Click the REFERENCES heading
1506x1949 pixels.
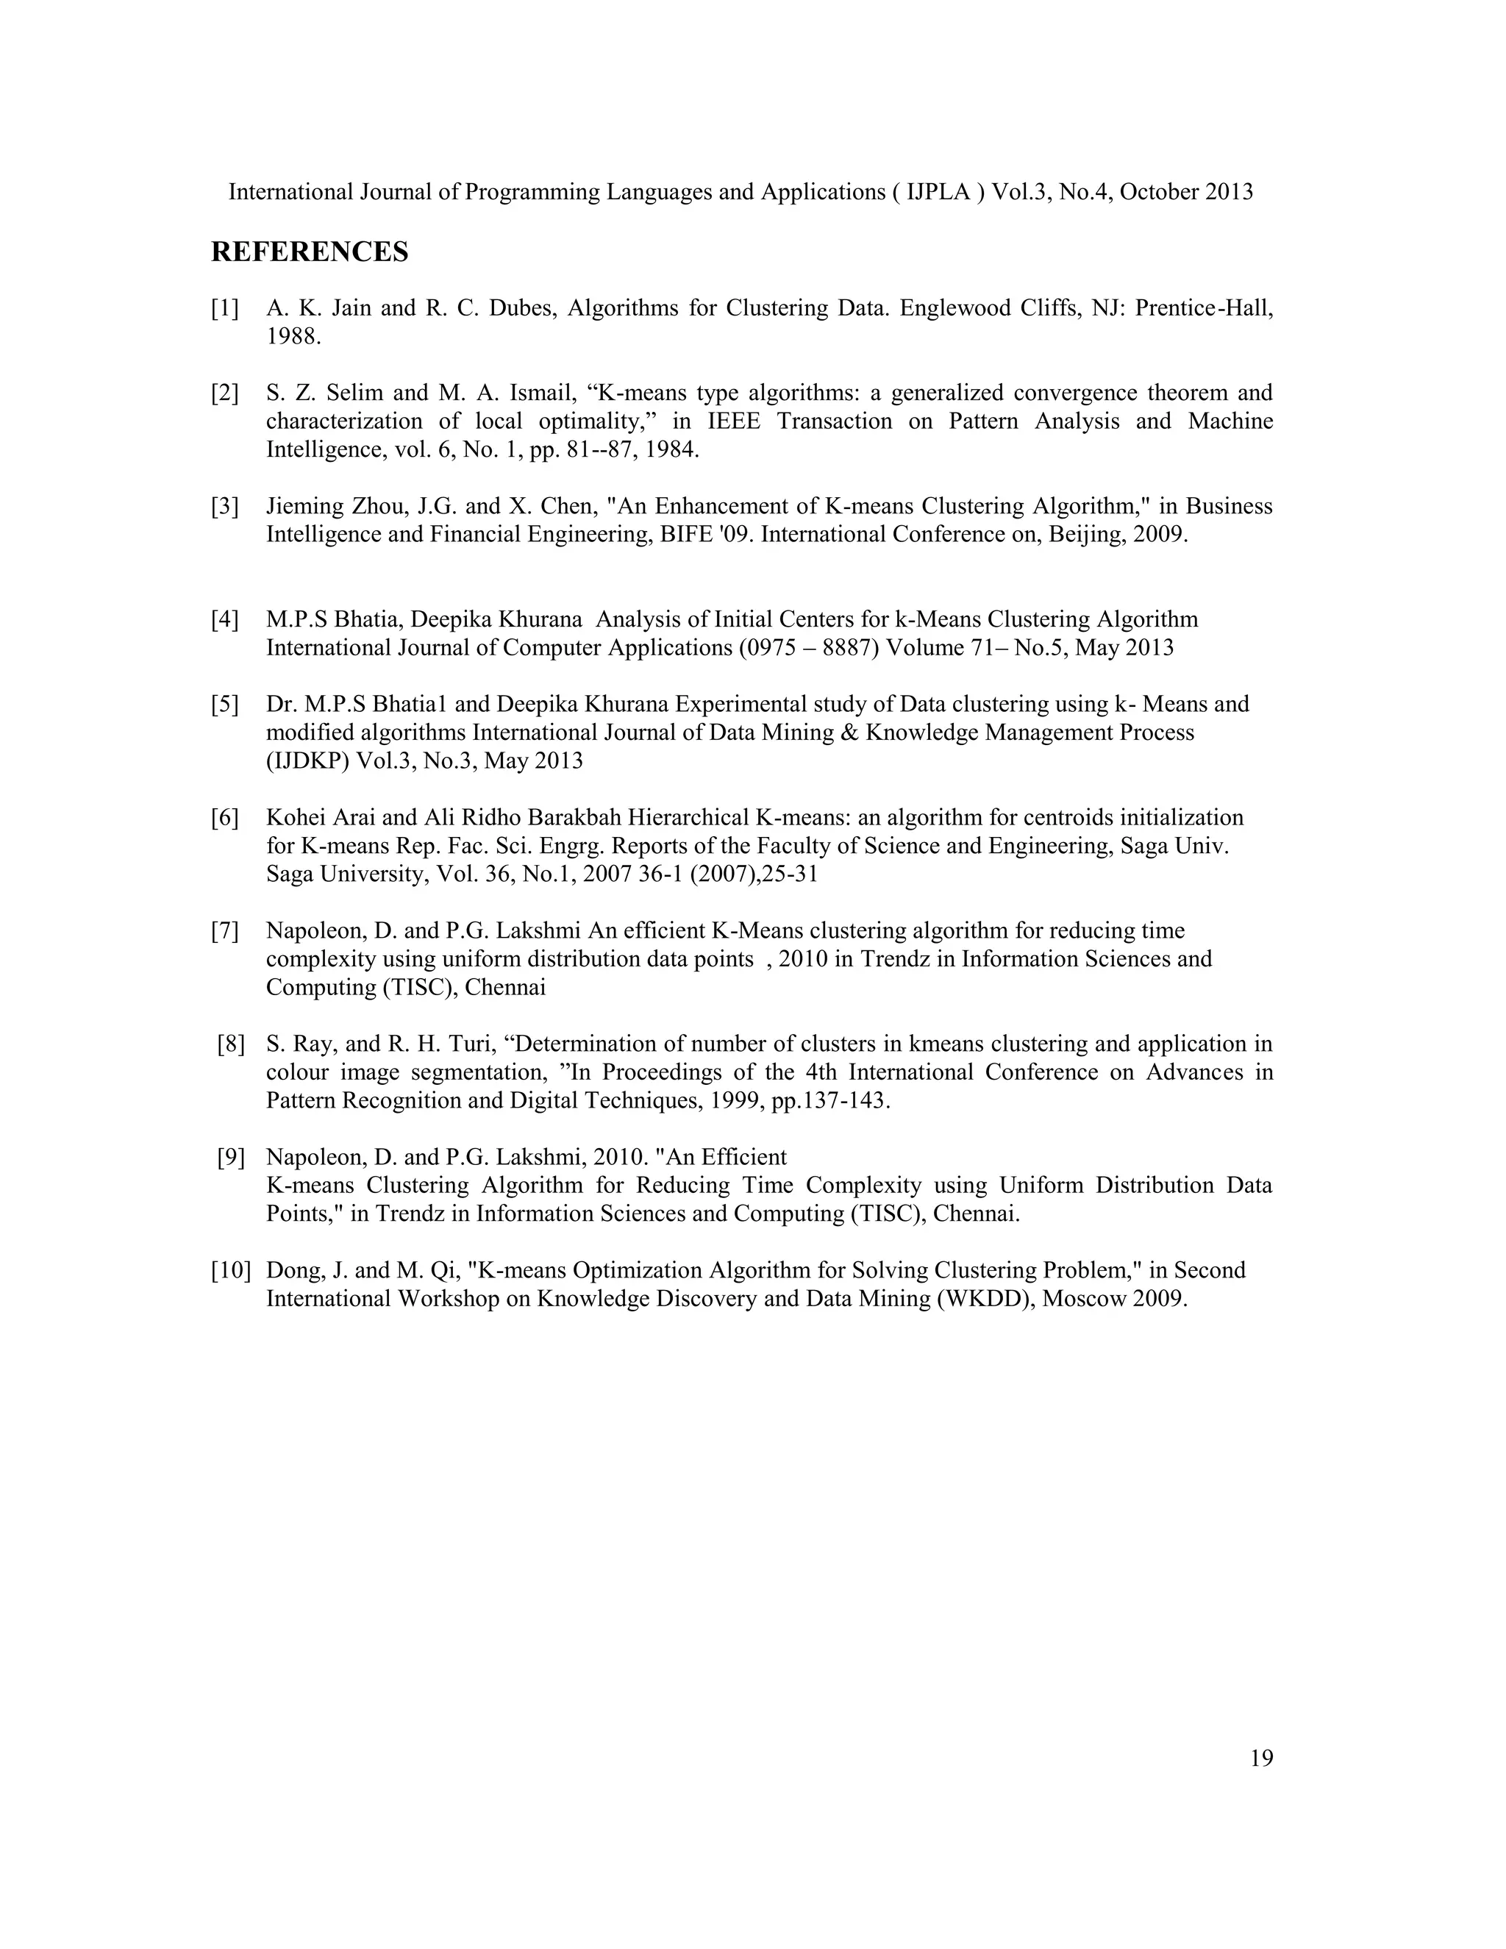309,252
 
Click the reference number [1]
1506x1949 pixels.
225,309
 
